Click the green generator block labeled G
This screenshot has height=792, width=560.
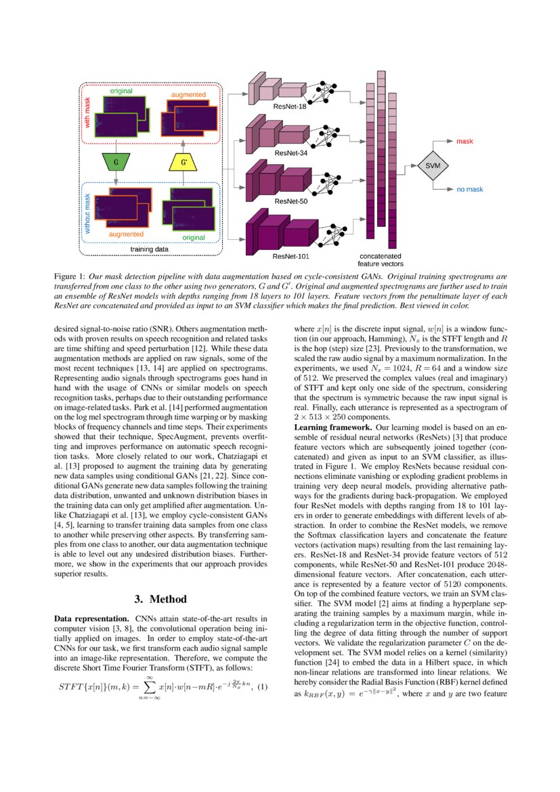pyautogui.click(x=116, y=163)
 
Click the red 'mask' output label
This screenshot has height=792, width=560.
pyautogui.click(x=465, y=141)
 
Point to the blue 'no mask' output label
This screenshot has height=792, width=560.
pyautogui.click(x=469, y=190)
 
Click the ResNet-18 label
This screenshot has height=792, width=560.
pyautogui.click(x=290, y=107)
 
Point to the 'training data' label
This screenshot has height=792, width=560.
pyautogui.click(x=150, y=249)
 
